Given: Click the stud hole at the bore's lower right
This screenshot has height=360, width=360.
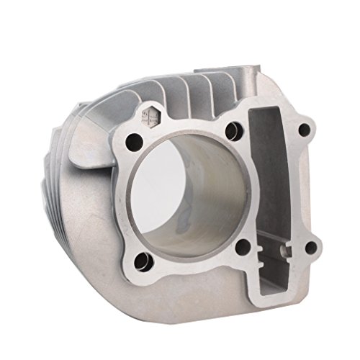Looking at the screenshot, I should (x=243, y=246).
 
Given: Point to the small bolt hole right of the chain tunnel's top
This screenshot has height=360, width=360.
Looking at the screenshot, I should (x=305, y=130).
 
